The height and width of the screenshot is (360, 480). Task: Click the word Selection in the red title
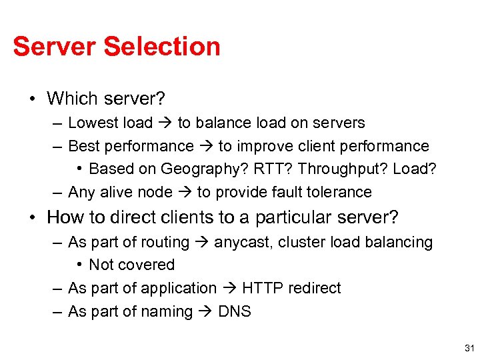[162, 47]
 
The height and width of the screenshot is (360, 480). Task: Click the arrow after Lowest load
[165, 123]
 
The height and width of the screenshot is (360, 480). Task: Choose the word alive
[117, 192]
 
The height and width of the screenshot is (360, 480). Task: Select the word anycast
[242, 242]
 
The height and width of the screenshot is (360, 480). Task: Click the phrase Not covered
[131, 265]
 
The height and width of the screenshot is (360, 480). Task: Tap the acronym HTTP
[261, 288]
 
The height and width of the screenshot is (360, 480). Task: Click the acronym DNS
[235, 311]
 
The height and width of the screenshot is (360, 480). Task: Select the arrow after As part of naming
[205, 311]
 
